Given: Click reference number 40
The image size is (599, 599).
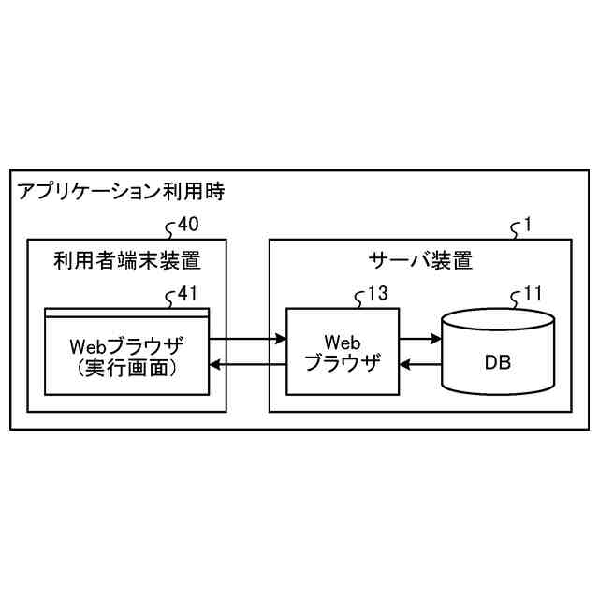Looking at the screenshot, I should [x=188, y=225].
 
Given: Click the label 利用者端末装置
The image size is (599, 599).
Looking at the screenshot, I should [x=127, y=260].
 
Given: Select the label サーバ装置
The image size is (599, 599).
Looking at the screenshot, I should [x=420, y=260].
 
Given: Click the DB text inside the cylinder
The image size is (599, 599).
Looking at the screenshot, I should [x=497, y=361].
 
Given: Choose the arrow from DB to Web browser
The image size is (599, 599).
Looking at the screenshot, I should [x=419, y=363].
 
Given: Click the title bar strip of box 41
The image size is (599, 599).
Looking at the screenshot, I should [x=127, y=312].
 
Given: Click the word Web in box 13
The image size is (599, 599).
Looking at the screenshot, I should [x=343, y=341].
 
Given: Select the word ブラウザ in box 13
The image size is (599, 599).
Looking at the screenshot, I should [x=343, y=363].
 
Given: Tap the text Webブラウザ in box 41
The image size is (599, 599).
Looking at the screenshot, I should [x=127, y=343].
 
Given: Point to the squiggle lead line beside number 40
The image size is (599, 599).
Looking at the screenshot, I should [x=170, y=227].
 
